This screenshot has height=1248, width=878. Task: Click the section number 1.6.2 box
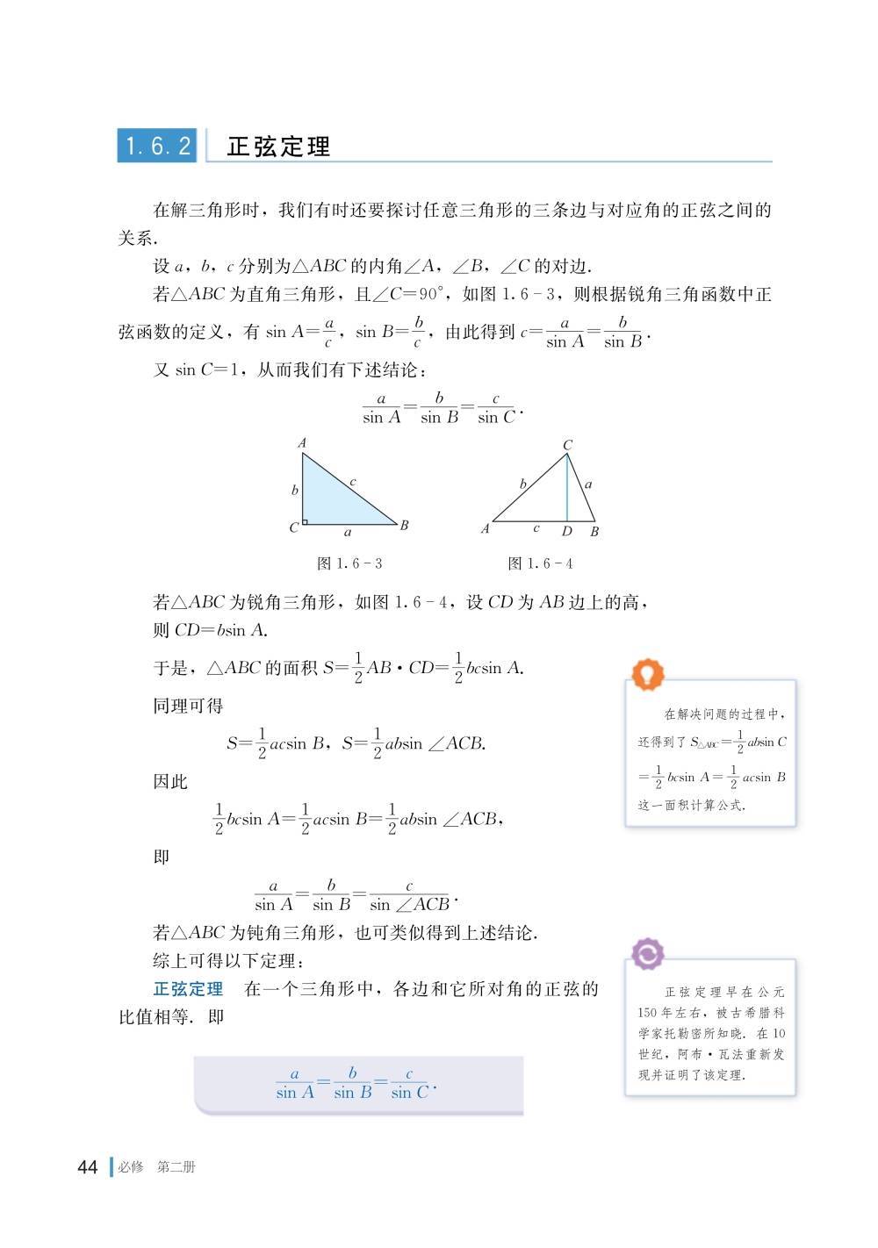pyautogui.click(x=157, y=146)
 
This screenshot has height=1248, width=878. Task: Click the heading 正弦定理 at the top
pyautogui.click(x=278, y=147)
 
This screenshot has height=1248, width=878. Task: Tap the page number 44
pyautogui.click(x=88, y=1167)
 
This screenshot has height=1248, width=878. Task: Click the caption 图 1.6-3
pyautogui.click(x=349, y=563)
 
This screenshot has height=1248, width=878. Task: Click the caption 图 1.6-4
pyautogui.click(x=540, y=563)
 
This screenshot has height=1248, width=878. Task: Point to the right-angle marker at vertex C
pyautogui.click(x=305, y=522)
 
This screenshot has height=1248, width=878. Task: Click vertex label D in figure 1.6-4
pyautogui.click(x=567, y=532)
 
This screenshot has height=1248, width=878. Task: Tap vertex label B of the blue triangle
pyautogui.click(x=404, y=526)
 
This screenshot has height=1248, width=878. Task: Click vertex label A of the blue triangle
pyautogui.click(x=302, y=443)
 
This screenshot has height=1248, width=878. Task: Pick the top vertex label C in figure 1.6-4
pyautogui.click(x=567, y=446)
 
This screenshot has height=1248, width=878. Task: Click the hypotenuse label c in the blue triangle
pyautogui.click(x=353, y=481)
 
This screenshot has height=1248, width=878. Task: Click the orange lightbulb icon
pyautogui.click(x=648, y=674)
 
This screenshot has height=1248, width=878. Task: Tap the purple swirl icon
pyautogui.click(x=648, y=953)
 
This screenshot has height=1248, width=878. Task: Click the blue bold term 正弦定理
pyautogui.click(x=188, y=989)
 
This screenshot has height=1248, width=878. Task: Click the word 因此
pyautogui.click(x=170, y=781)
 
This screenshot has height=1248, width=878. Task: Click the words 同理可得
pyautogui.click(x=188, y=706)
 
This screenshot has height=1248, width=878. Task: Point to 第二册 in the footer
pyautogui.click(x=176, y=1167)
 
